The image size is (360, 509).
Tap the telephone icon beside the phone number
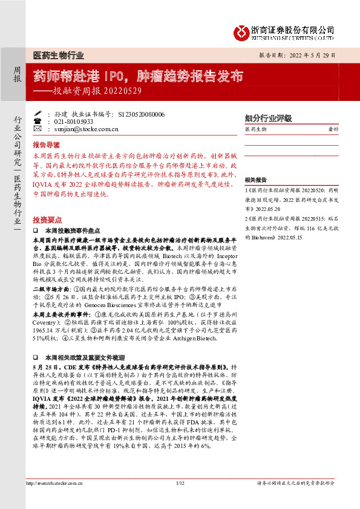click(38, 121)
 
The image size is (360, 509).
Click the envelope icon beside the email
click(38, 129)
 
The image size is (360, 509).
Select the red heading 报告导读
click(46, 145)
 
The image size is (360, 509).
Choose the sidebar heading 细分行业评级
click(268, 117)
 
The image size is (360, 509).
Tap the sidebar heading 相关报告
click(257, 180)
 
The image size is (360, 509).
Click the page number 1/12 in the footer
click(179, 500)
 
